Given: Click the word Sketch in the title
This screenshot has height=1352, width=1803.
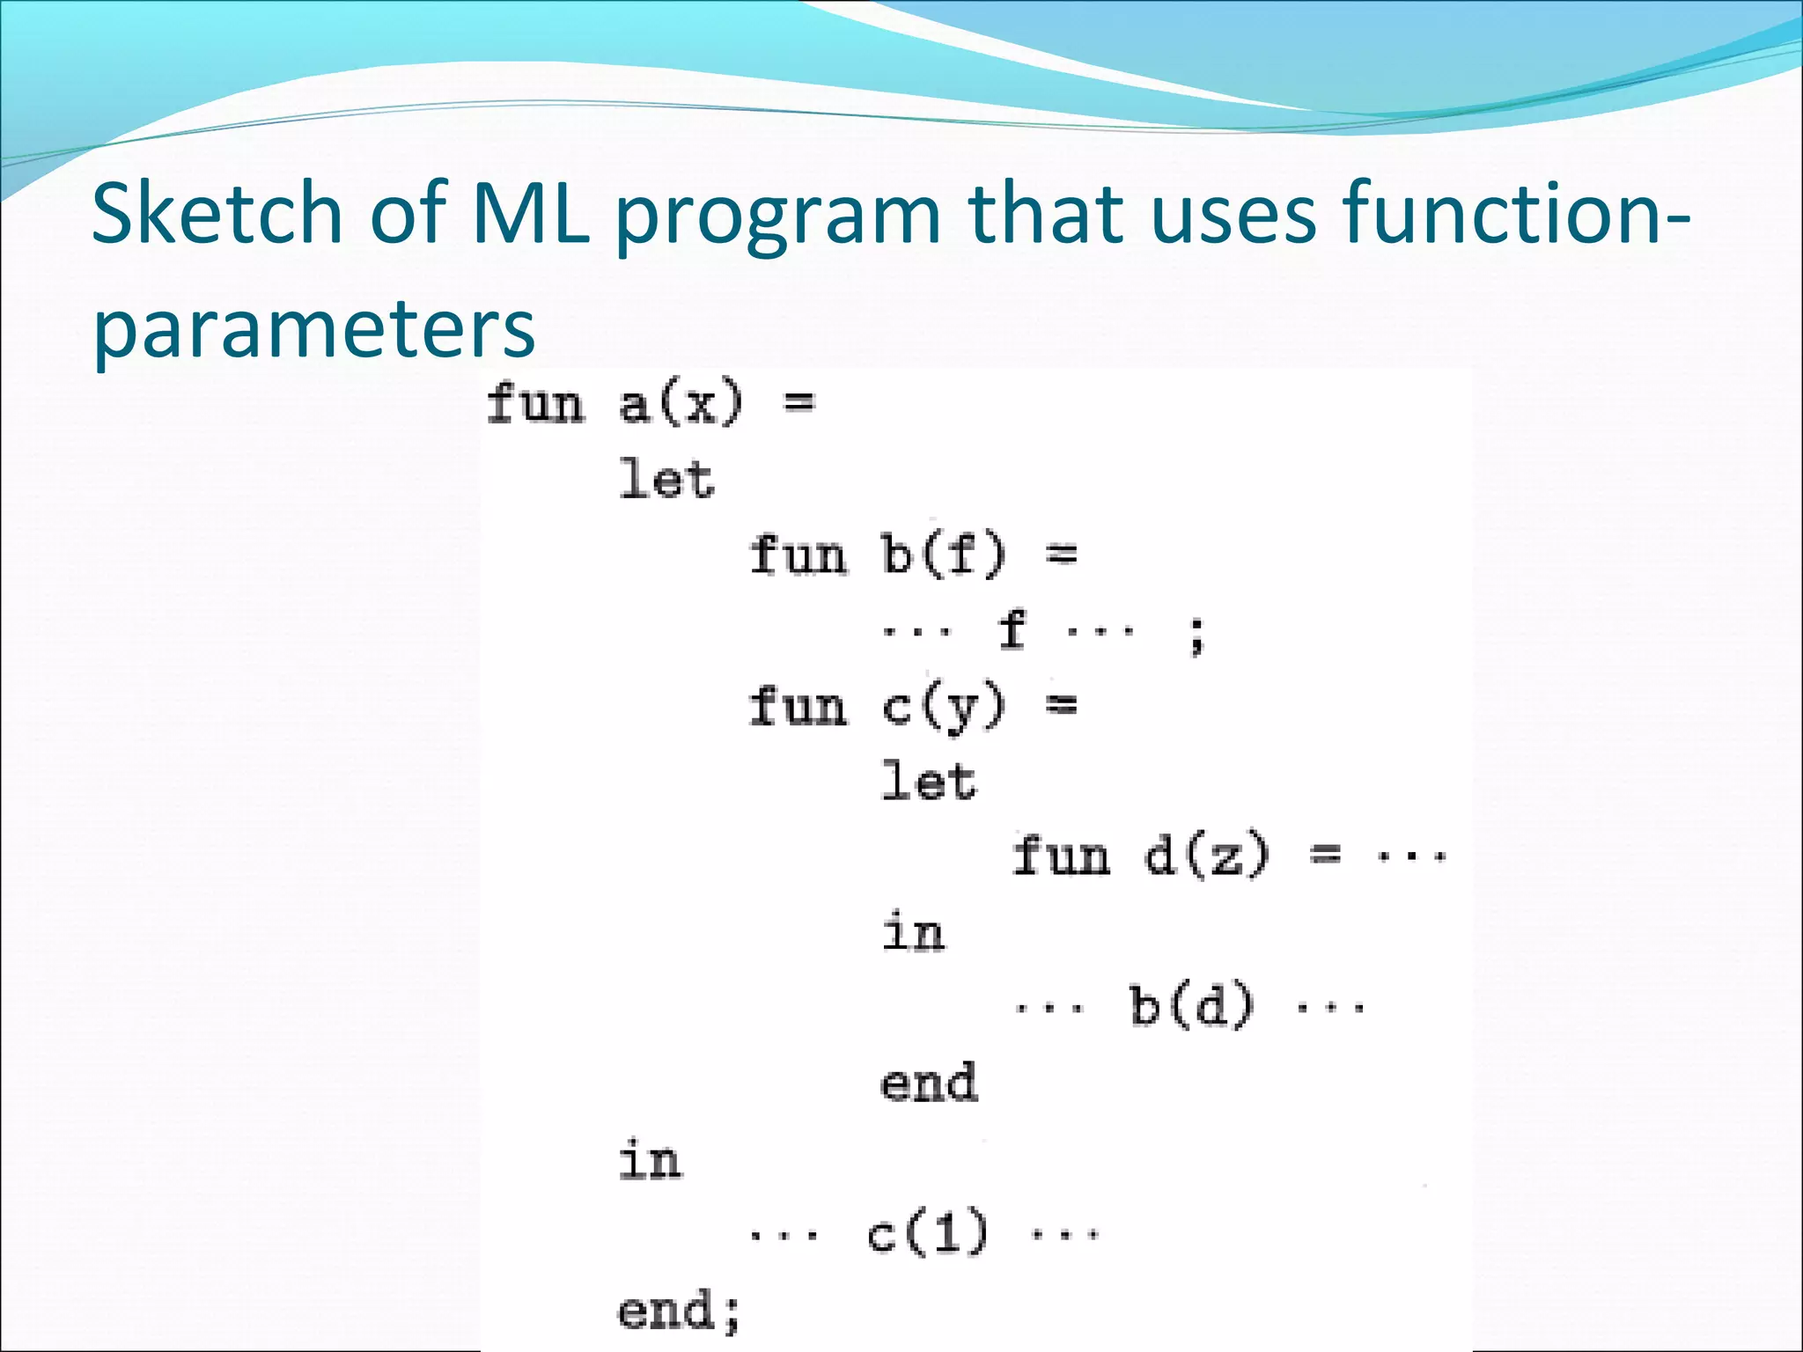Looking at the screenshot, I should coord(217,213).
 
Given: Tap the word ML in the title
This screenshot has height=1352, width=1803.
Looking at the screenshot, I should coord(531,213).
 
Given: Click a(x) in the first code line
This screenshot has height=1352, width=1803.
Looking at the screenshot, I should coord(681,405).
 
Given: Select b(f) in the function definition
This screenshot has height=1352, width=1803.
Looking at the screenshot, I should coord(943,555).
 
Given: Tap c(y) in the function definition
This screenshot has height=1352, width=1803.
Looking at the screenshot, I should coord(943,707).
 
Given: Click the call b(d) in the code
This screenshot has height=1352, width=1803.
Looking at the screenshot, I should coord(1191,1005).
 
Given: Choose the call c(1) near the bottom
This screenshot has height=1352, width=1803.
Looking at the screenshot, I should coord(927,1231).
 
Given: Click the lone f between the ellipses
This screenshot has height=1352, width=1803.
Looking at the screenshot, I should coord(1012,630).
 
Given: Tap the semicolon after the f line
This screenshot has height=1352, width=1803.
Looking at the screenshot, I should coord(1196,636).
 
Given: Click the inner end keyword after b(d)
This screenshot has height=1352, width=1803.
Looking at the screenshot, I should coord(929,1082).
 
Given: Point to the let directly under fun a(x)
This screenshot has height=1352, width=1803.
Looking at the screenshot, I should coord(666,481).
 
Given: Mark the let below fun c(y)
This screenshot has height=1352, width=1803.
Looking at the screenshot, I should coord(929,782).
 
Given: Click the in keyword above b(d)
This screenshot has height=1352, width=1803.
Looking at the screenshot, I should coord(913,932).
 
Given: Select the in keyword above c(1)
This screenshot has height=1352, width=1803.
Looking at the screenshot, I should coord(650,1159).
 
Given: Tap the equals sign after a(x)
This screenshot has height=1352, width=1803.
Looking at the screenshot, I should coord(799,403).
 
